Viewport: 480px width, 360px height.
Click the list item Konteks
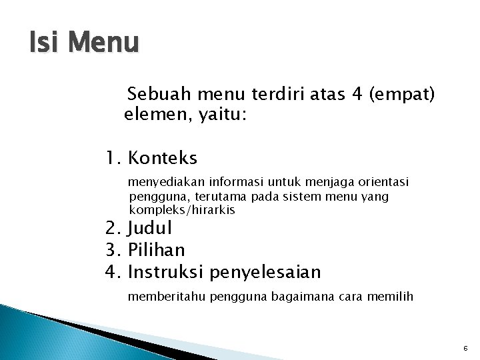point(162,159)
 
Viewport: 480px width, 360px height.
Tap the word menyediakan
point(166,182)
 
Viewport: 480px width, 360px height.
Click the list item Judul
point(149,228)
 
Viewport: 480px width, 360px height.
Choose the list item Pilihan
point(156,250)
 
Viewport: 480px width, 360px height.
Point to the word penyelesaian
point(265,273)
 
